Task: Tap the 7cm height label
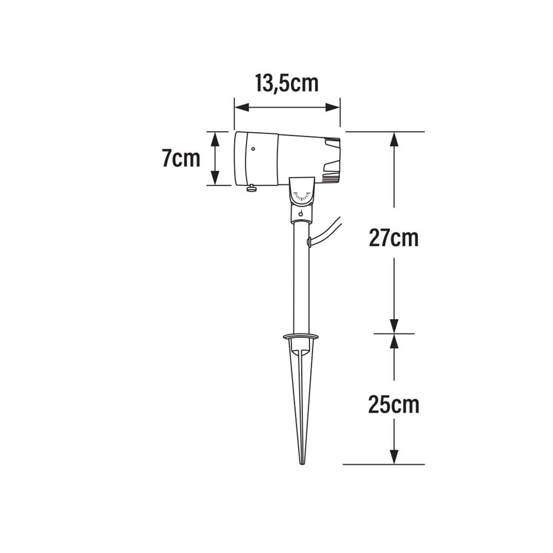pos(181,159)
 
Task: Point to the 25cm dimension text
pos(394,405)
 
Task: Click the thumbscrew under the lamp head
pos(252,189)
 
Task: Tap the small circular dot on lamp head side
pos(253,148)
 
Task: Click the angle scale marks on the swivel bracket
pos(302,196)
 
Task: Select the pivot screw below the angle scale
pos(301,214)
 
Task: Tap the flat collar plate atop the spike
pos(301,336)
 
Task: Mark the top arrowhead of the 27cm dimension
pos(394,139)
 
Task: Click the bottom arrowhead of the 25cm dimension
pos(394,457)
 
